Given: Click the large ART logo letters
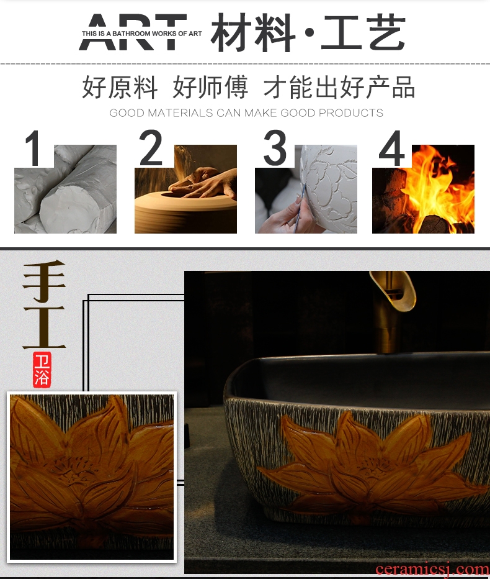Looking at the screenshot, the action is (x=133, y=32).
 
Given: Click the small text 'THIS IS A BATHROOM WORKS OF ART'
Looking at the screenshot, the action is (x=141, y=34).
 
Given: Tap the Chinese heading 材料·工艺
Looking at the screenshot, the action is (x=308, y=32).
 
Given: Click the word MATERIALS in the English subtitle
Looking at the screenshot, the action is (x=180, y=112).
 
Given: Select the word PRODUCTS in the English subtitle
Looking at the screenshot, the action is (x=350, y=112).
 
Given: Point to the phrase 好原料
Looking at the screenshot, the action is (x=120, y=87).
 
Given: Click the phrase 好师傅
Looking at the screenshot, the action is (x=210, y=87).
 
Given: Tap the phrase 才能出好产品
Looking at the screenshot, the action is (x=339, y=87).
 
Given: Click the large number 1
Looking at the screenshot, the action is (x=33, y=148).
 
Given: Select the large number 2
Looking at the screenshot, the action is (x=151, y=148).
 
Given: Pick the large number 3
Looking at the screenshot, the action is (x=275, y=148).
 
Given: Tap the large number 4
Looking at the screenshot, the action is (x=392, y=148).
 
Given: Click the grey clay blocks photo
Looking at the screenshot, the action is (x=66, y=189).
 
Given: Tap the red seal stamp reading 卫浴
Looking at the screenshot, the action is (x=42, y=370).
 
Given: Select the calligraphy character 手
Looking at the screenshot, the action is (x=44, y=281).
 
